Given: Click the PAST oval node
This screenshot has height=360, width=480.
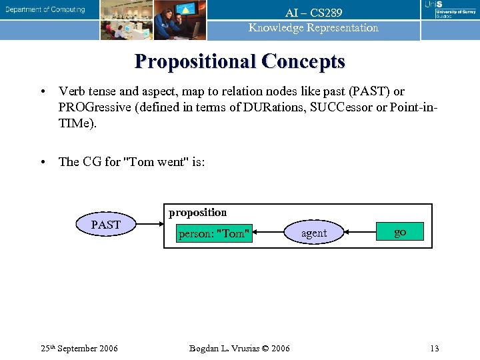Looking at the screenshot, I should pos(106,225).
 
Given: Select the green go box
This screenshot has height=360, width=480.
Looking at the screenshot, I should pos(399,232).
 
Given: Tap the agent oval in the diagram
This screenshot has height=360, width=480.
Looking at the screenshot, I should pos(313,233).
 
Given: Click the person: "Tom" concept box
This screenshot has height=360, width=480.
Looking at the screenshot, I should pos(214,233).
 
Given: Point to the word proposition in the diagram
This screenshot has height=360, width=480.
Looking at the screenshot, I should pos(197,213).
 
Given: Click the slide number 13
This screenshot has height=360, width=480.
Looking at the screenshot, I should pos(434,348).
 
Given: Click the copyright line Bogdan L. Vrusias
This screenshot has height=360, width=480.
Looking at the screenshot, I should pos(239,348).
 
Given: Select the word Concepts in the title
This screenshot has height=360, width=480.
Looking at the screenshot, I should pos(303,61).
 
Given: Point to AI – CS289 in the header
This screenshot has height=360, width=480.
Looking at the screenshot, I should pos(313,13).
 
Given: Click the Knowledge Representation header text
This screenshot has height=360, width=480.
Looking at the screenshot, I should pos(313,28).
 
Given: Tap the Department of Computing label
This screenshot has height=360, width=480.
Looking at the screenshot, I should pos(46,10).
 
